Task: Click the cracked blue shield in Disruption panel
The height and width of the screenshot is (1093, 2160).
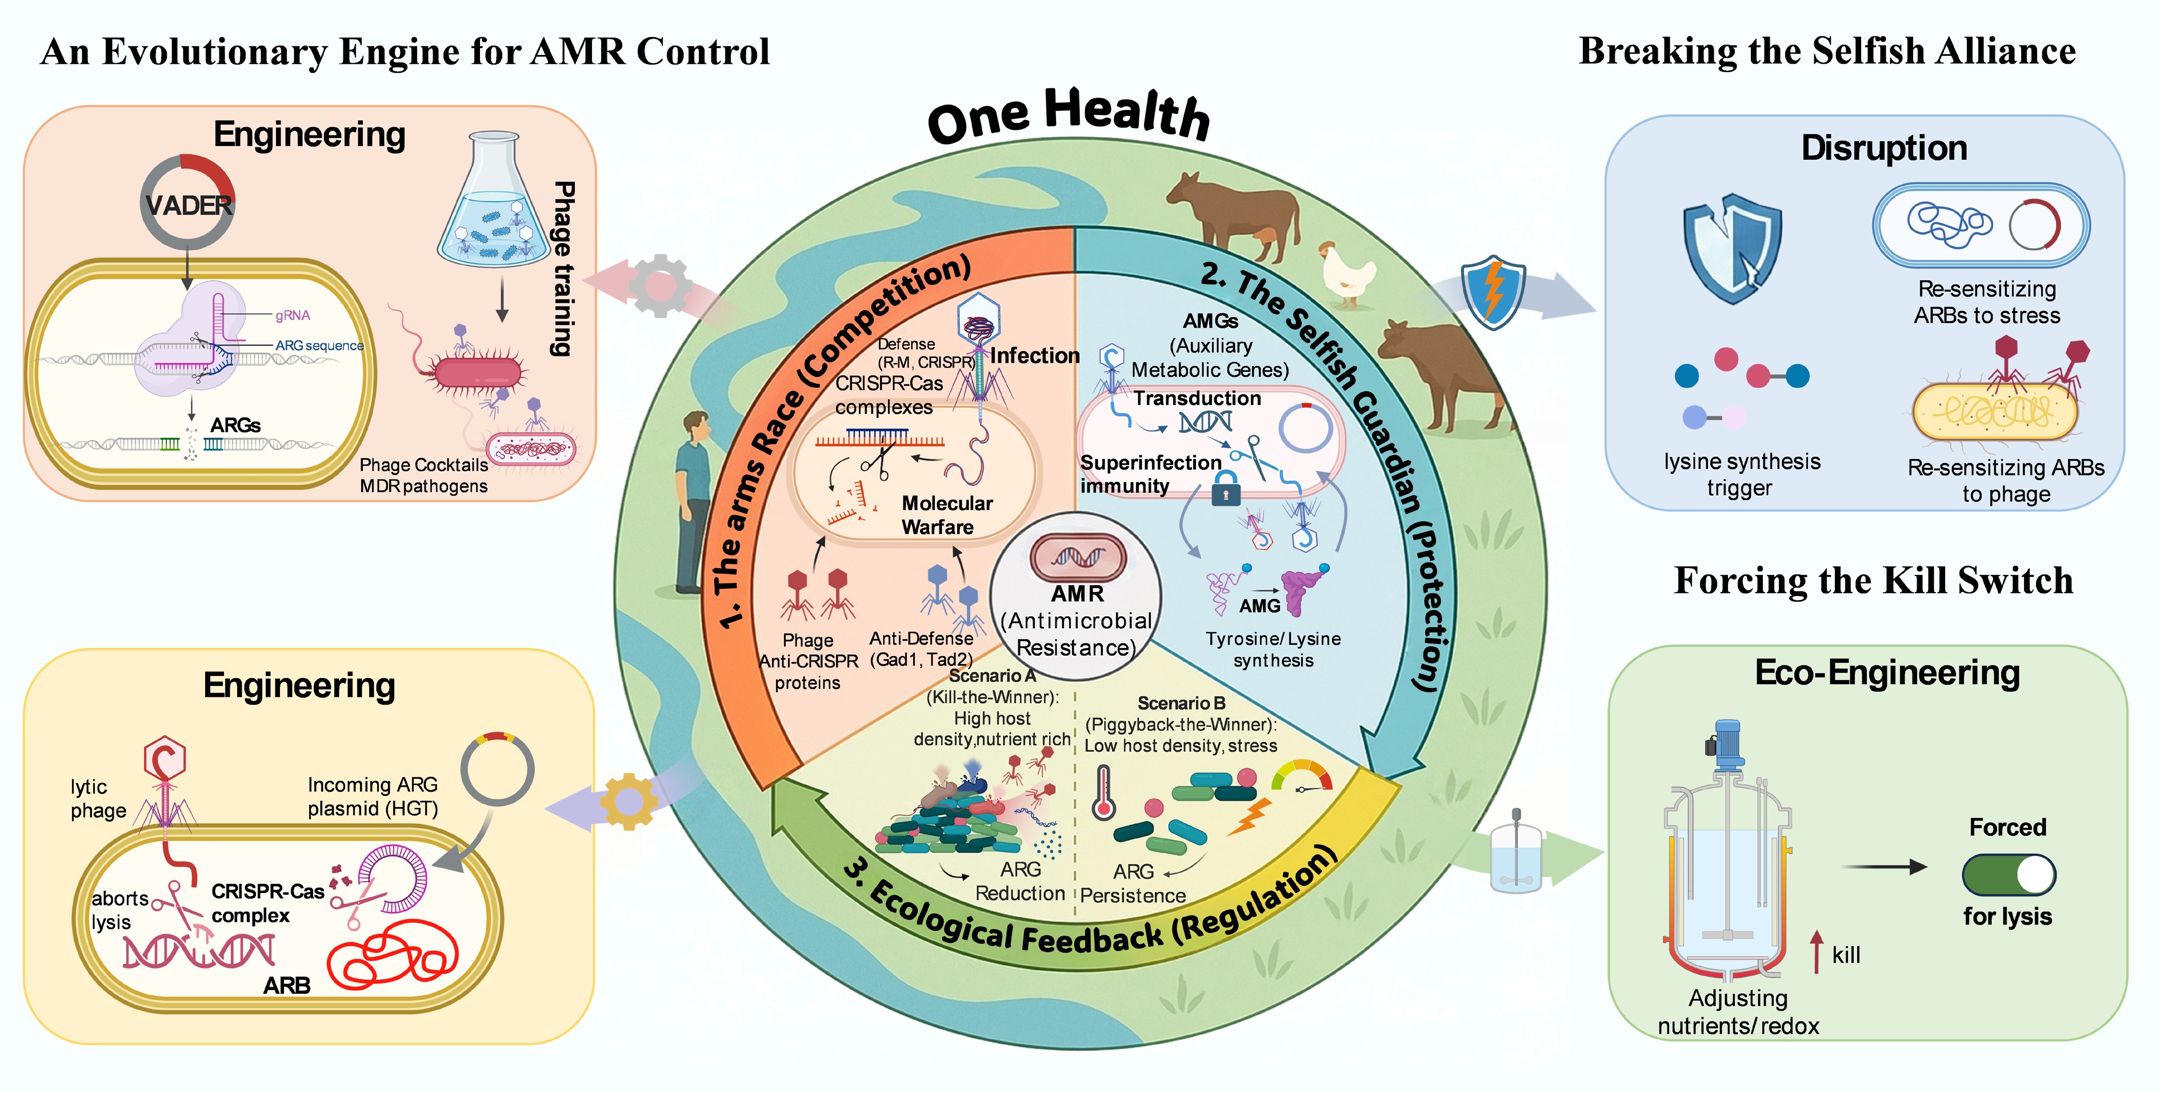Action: (x=1731, y=247)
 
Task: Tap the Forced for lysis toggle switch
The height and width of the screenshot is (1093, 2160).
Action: (x=2008, y=875)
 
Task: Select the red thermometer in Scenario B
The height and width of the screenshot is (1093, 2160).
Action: (x=1103, y=792)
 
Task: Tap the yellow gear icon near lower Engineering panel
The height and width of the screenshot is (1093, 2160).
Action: (x=629, y=801)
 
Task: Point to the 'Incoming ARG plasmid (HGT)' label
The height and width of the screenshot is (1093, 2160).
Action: (x=373, y=796)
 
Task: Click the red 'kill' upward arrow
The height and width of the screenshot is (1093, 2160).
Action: (x=1816, y=951)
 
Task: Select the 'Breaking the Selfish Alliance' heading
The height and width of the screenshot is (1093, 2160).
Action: (x=1827, y=51)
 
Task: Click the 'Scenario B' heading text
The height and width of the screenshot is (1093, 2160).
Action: (x=1181, y=703)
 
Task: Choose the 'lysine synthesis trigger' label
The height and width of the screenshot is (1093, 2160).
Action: (x=1742, y=475)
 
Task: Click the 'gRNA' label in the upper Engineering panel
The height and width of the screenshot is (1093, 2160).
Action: (x=293, y=315)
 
